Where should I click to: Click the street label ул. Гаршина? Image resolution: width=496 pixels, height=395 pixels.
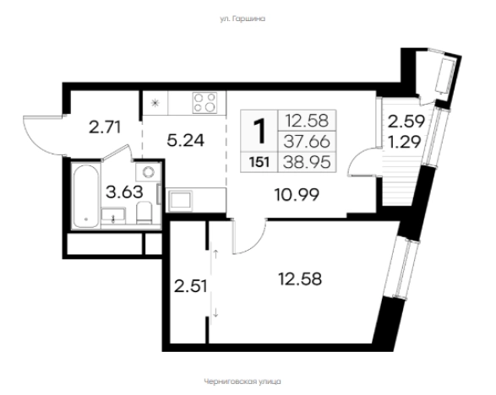[243, 19]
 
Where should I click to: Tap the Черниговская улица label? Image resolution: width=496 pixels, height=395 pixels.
[243, 381]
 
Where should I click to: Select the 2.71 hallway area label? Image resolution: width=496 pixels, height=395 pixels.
[105, 128]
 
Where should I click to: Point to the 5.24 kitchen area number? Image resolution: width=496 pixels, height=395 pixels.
[186, 141]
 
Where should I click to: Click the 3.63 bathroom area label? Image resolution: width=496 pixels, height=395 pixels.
[124, 192]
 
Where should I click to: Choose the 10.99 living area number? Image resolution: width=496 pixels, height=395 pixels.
[297, 195]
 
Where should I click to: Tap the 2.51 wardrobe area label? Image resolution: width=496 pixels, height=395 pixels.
[191, 287]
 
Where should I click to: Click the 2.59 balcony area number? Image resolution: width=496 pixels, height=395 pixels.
[406, 122]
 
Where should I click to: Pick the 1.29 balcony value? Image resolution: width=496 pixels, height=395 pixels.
[405, 142]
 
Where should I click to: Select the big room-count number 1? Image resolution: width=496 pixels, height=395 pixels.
[260, 131]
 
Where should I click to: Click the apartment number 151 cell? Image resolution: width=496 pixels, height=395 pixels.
[259, 162]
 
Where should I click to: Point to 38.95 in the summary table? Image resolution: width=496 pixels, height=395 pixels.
[307, 162]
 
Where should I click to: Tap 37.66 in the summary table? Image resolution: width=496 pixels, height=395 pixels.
[307, 142]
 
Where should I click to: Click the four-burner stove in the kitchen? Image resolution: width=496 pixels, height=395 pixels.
[205, 103]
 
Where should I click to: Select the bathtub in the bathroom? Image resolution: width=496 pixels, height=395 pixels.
[85, 196]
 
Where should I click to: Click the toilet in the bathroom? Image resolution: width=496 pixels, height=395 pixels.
[144, 213]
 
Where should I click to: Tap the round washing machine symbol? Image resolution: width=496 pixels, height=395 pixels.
[148, 172]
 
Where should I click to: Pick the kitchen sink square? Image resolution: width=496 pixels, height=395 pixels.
[181, 200]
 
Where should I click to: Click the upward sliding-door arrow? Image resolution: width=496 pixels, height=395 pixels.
[215, 254]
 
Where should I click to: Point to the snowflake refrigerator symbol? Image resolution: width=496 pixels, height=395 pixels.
[155, 103]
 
